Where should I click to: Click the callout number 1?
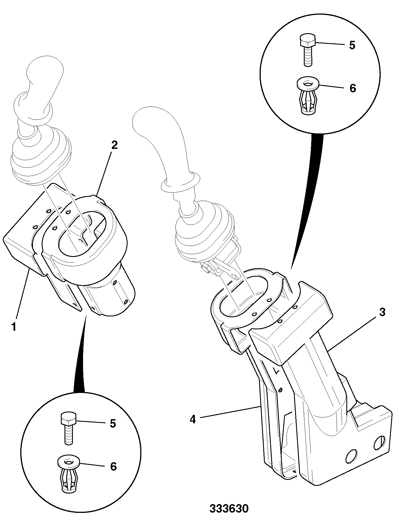point(14,327)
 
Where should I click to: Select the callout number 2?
point(114,145)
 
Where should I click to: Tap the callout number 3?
point(382,312)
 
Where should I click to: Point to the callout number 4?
point(193,427)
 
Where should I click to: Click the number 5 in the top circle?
point(352,45)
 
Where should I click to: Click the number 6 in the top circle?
point(353,88)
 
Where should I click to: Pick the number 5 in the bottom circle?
point(113,423)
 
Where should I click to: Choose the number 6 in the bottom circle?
point(113,466)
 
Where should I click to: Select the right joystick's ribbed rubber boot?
point(204,231)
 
